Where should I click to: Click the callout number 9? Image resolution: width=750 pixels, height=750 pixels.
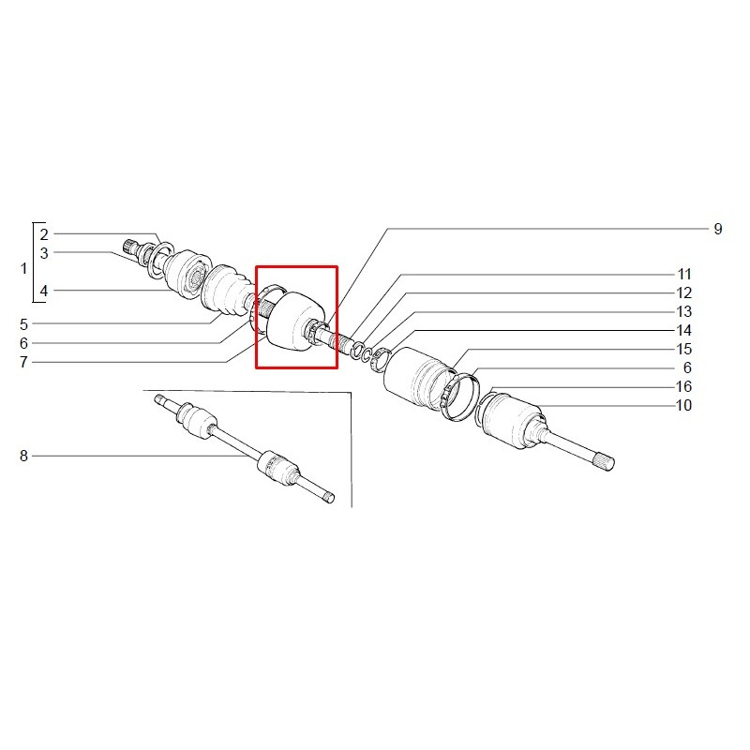point(717,229)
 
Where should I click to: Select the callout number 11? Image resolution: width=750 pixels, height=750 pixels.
point(684,274)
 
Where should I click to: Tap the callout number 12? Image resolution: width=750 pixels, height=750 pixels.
point(684,292)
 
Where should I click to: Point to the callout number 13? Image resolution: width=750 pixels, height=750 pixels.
point(684,311)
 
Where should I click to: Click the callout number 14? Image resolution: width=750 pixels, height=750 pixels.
point(684,330)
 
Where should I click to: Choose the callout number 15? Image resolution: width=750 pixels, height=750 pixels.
point(684,349)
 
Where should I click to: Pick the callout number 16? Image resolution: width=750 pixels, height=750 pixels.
point(684,386)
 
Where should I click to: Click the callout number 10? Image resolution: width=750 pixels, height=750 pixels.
point(684,405)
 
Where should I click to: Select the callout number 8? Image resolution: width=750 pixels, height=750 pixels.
point(24,456)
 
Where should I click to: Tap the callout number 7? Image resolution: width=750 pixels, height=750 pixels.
point(24,362)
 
